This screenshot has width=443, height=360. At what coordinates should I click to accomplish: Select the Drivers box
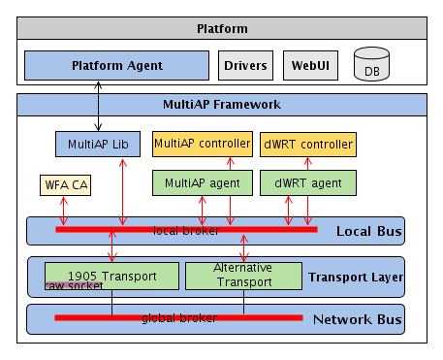coord(245,66)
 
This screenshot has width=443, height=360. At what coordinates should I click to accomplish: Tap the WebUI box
coord(310,66)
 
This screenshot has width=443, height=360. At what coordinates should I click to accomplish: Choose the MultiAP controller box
coord(202,144)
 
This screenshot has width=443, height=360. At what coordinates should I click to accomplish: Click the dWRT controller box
coord(307,145)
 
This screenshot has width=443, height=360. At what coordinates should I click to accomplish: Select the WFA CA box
coord(66,184)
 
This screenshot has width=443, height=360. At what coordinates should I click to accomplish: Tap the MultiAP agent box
coord(202,181)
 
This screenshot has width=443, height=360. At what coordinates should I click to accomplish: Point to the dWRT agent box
coord(307,181)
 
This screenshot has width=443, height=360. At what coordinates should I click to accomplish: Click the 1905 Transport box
coord(112,276)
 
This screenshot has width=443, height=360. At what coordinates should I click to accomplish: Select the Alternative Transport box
coord(242,275)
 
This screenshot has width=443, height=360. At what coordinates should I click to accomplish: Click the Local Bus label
coord(368,231)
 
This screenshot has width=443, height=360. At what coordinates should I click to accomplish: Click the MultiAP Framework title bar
coord(222,104)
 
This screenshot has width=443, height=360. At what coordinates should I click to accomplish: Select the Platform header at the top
coord(222,29)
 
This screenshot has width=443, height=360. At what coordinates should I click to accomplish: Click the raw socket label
coord(74,286)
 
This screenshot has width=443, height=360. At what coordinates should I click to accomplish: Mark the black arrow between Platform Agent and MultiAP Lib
coord(98,106)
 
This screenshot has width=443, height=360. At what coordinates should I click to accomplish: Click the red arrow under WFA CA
coord(65,211)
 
